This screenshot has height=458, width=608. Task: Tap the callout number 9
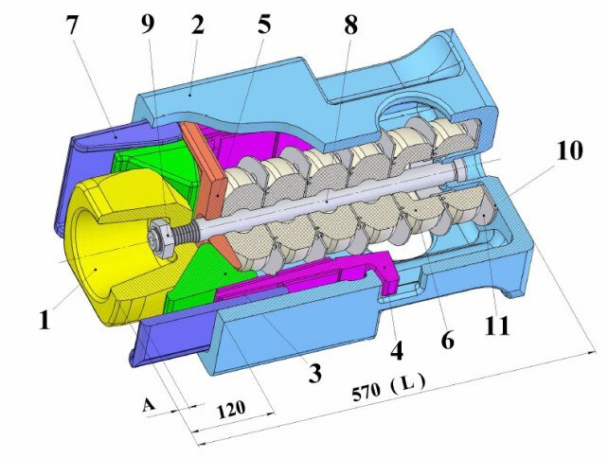click(148, 24)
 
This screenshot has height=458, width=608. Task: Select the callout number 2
click(197, 25)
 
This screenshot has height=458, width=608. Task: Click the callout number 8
click(350, 25)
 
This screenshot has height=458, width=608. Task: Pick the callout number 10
click(569, 150)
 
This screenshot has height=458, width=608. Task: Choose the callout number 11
click(497, 326)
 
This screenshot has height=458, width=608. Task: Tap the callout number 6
click(447, 340)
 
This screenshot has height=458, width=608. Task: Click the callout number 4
click(396, 351)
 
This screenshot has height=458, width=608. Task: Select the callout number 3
click(314, 373)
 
